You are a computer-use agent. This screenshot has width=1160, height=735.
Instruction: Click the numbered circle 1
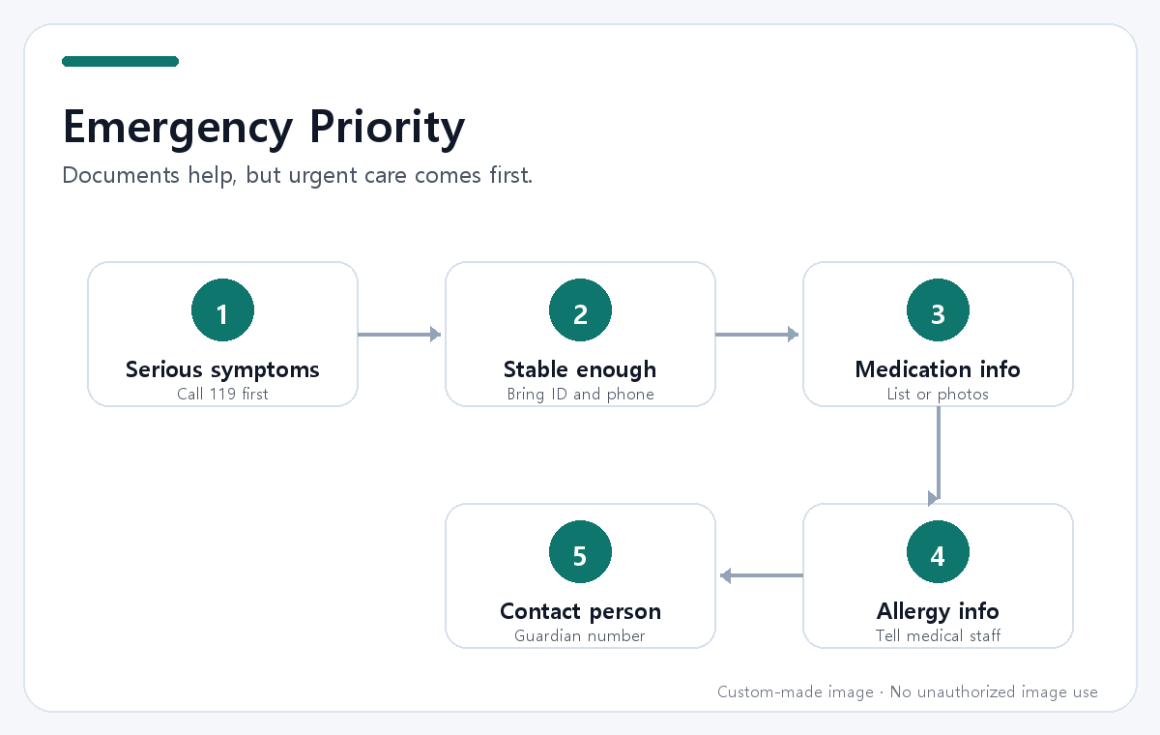(x=222, y=309)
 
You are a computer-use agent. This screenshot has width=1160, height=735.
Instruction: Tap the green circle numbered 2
(x=581, y=309)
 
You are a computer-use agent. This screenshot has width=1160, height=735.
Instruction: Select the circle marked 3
(x=938, y=309)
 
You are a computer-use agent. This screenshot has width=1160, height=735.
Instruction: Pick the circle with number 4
(x=938, y=551)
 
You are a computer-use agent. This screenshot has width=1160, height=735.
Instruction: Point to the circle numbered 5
(x=581, y=551)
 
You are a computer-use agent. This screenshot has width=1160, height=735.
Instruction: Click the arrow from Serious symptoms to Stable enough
(x=399, y=334)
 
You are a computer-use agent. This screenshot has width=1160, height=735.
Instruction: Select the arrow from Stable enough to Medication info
(x=757, y=334)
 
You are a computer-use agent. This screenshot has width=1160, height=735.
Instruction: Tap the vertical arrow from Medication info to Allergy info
(x=938, y=456)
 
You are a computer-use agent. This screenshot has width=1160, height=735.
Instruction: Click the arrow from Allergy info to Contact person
(x=762, y=575)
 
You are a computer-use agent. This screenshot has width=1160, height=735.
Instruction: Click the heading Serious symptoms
(x=222, y=369)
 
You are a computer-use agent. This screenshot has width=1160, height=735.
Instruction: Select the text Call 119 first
(x=222, y=395)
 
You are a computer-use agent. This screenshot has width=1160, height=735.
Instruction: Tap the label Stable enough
(x=580, y=369)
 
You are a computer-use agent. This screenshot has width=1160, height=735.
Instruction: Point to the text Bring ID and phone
(x=581, y=395)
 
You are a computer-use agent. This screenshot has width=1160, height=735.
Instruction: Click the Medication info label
(x=938, y=369)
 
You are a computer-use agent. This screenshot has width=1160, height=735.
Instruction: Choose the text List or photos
(x=938, y=395)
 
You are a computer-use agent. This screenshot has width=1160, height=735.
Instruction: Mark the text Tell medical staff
(x=938, y=635)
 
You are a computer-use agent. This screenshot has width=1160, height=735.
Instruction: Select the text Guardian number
(x=580, y=635)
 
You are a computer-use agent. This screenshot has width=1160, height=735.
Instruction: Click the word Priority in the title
(x=388, y=128)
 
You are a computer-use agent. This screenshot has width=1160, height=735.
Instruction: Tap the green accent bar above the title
(x=120, y=61)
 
